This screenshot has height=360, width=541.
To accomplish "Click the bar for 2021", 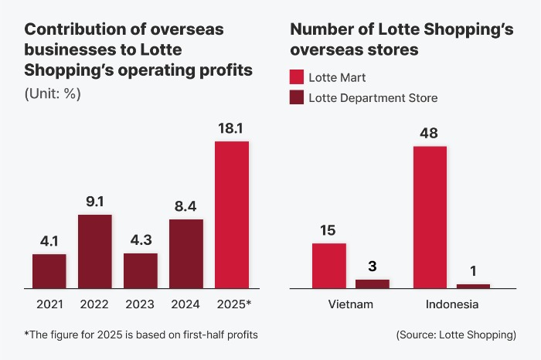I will [49, 270].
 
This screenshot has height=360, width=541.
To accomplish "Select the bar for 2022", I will [94, 251].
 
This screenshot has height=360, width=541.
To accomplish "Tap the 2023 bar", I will [140, 270].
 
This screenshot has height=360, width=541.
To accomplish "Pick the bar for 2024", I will [185, 253].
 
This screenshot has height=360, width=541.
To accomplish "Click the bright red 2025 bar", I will [231, 215].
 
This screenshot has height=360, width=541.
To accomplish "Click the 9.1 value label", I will [94, 202].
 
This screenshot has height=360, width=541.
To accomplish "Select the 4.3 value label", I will [140, 241].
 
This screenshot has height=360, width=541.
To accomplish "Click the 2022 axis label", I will [94, 304].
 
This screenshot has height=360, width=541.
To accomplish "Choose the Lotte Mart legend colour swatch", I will [297, 77].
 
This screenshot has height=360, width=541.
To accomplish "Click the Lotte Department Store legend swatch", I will [297, 98].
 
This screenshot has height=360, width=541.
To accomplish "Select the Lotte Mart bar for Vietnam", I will [328, 265].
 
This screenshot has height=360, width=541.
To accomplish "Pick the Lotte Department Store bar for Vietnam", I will [373, 283].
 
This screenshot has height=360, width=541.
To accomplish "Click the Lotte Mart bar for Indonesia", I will [430, 216].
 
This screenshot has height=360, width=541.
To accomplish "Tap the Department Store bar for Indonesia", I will [473, 286].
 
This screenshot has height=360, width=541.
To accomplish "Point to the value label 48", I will [430, 133].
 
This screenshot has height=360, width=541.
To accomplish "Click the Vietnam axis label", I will [350, 304].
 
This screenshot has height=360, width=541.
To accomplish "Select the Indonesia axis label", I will [451, 304].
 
